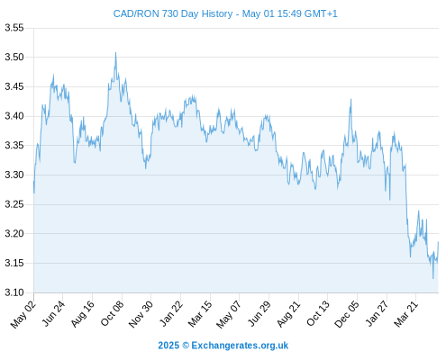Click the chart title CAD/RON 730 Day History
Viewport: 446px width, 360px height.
click(173, 13)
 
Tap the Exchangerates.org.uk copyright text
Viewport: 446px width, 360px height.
click(223, 346)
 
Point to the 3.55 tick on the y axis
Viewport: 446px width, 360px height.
click(14, 28)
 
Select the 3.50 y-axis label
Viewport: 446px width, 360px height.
click(14, 57)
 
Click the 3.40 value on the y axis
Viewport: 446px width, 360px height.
click(14, 116)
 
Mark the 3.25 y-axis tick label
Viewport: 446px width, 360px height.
click(14, 204)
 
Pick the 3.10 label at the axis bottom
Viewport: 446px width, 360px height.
click(14, 292)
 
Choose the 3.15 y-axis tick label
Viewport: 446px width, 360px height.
click(14, 263)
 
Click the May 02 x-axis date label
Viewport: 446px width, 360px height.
click(23, 314)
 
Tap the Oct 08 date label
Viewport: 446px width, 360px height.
click(112, 313)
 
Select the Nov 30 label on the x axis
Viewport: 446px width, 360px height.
click(141, 314)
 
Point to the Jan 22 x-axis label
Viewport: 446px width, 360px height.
click(171, 313)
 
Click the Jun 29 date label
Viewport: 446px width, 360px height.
click(259, 313)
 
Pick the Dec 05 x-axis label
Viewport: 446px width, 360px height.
click(347, 314)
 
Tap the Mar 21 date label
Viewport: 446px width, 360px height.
click(406, 314)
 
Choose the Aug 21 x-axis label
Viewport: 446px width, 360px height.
click(288, 314)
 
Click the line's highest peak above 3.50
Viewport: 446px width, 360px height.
click(115, 53)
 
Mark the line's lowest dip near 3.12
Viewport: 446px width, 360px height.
click(433, 278)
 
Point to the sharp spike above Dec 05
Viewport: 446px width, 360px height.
click(350, 99)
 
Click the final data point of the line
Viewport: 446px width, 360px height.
click(438, 242)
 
